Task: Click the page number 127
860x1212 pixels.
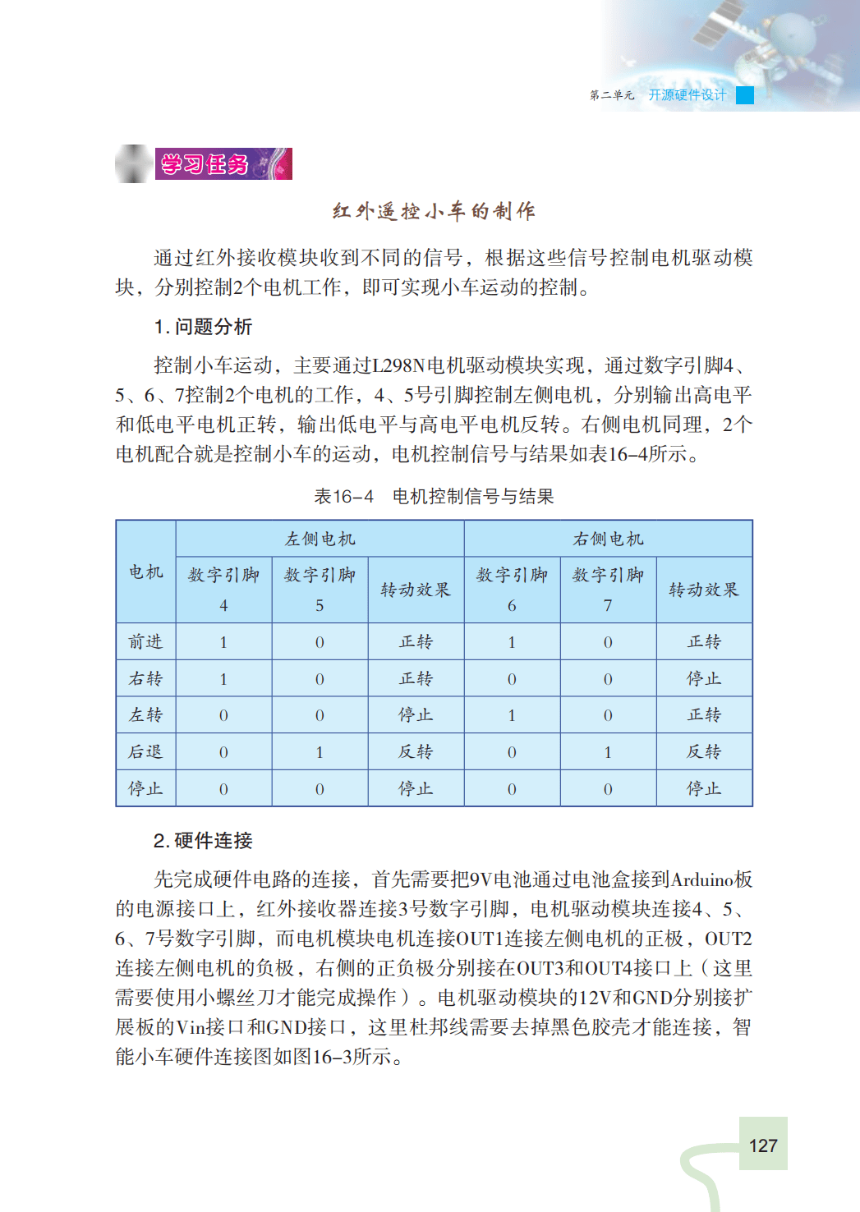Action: (763, 1145)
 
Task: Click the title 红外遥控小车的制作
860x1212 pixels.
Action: (434, 212)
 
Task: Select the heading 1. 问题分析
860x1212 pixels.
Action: (203, 327)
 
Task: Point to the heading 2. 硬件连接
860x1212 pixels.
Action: (203, 841)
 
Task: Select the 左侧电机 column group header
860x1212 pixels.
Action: (320, 539)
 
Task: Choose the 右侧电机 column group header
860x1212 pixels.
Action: (608, 539)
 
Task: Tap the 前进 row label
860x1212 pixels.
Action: (145, 641)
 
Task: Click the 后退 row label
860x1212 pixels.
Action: (145, 751)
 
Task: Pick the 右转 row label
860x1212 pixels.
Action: (145, 678)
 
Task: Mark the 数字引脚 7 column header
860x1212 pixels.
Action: (608, 590)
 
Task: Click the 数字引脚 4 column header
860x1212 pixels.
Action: (223, 590)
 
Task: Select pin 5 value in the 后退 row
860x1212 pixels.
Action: (320, 751)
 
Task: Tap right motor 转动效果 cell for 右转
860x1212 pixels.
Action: (704, 678)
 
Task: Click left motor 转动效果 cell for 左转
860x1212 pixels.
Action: (416, 714)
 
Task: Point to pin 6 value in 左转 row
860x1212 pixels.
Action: (512, 714)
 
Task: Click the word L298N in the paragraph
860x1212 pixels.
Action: (398, 365)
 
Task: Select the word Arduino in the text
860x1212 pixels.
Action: (702, 879)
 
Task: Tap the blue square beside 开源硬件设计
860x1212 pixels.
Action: (745, 95)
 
